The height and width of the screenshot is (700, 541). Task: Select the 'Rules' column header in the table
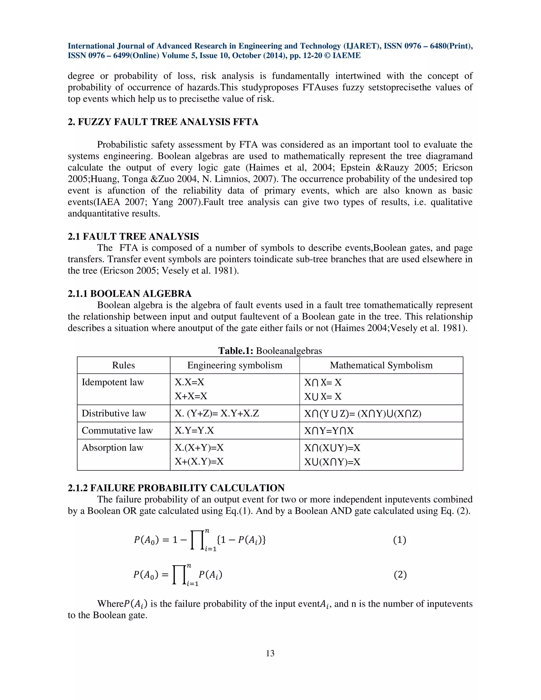pyautogui.click(x=123, y=365)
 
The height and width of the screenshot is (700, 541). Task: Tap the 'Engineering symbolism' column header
pyautogui.click(x=235, y=365)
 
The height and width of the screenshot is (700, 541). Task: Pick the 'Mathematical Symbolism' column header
pyautogui.click(x=381, y=365)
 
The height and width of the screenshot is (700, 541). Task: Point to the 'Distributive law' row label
pyautogui.click(x=114, y=413)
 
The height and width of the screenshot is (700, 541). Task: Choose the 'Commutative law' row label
pyautogui.click(x=117, y=431)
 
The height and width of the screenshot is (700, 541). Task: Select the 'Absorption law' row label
pyautogui.click(x=113, y=447)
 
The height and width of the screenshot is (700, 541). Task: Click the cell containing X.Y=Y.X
pyautogui.click(x=194, y=431)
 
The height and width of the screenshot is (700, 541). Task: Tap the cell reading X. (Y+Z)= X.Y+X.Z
pyautogui.click(x=217, y=413)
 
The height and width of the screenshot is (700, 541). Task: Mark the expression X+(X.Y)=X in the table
pyautogui.click(x=199, y=461)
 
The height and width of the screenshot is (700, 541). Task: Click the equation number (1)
pyautogui.click(x=399, y=540)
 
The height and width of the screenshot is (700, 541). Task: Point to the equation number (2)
pyautogui.click(x=400, y=575)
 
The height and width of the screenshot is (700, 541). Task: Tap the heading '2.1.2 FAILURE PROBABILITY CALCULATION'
pyautogui.click(x=176, y=488)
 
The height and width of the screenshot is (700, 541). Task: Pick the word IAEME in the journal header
pyautogui.click(x=347, y=55)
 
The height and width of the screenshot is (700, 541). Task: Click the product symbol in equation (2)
pyautogui.click(x=179, y=575)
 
